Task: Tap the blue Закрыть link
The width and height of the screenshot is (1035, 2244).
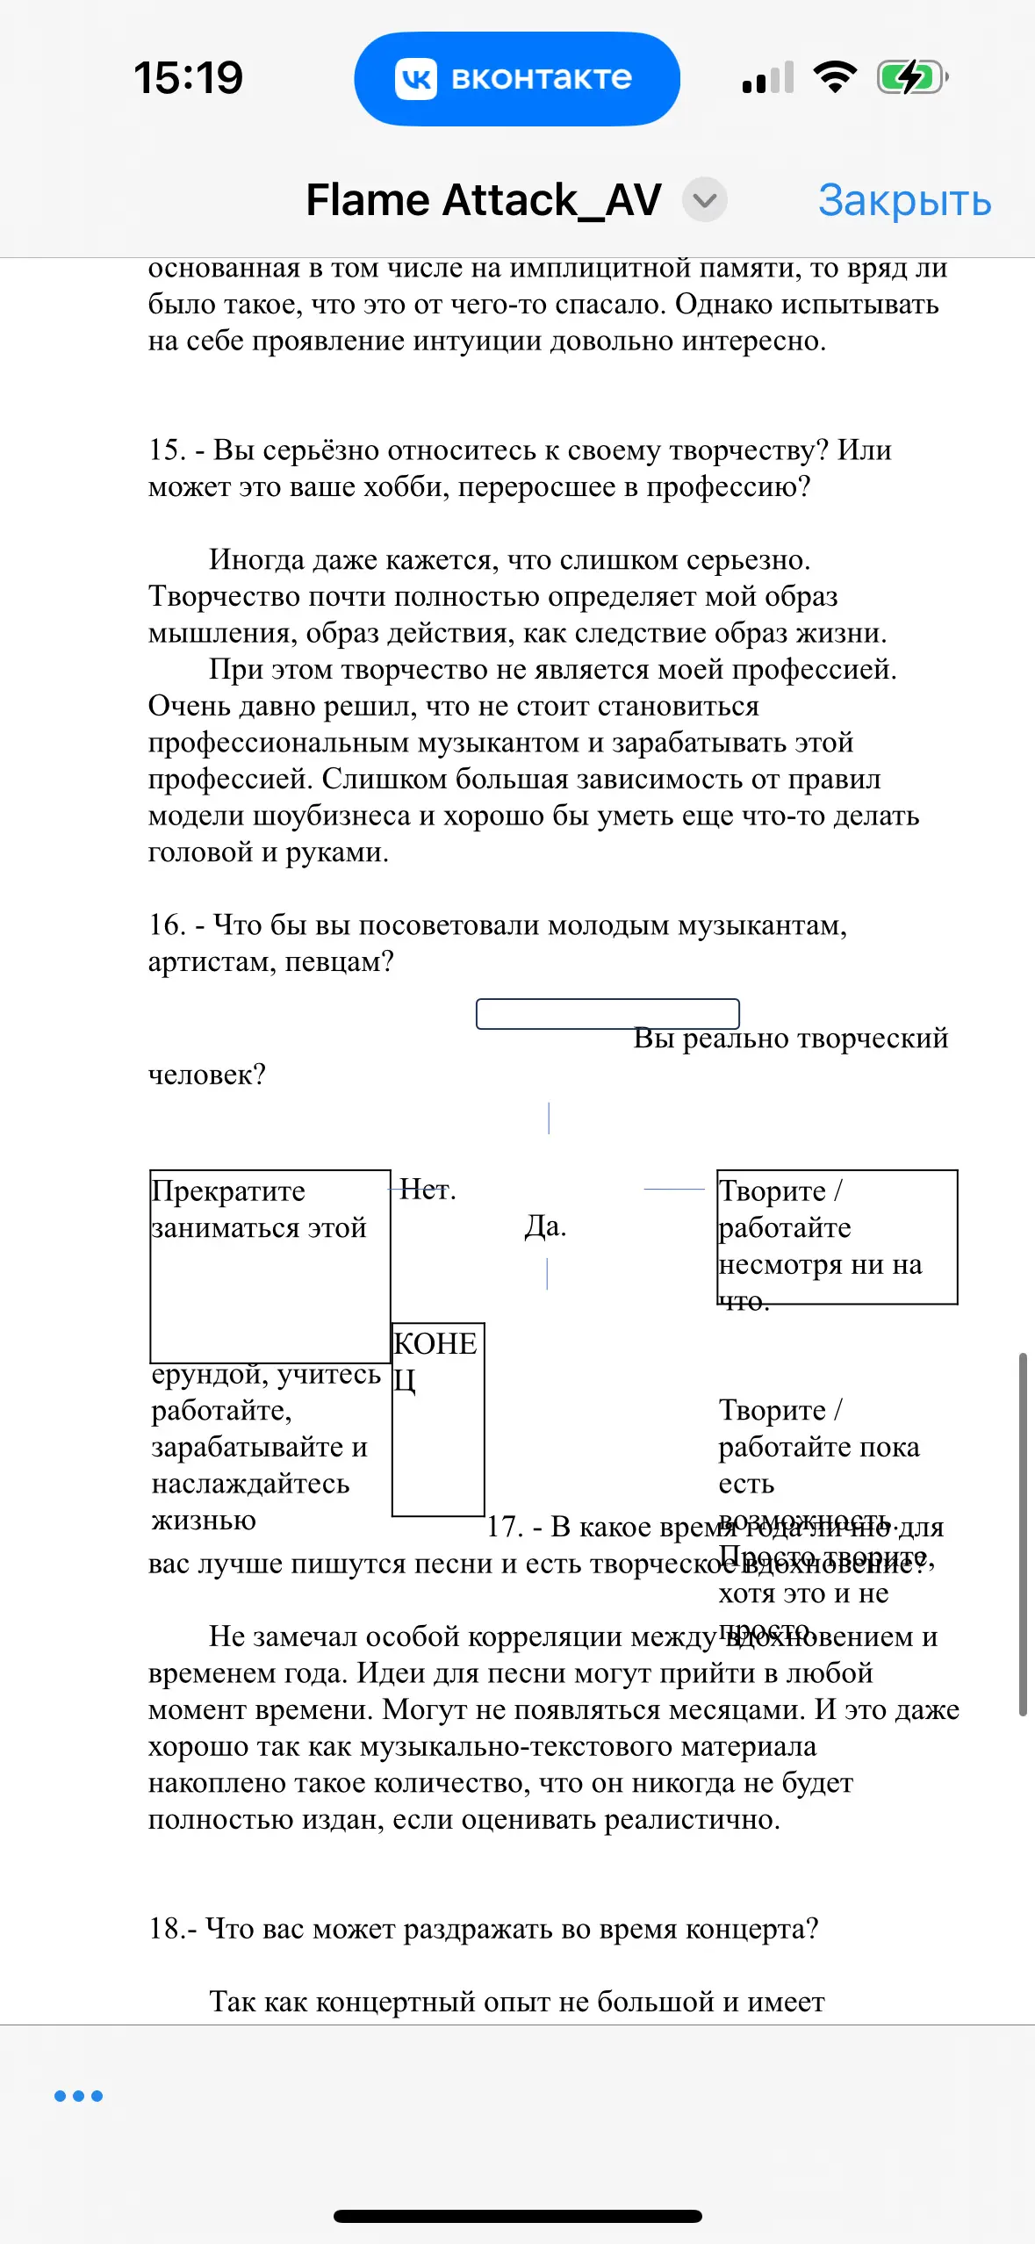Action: coord(904,201)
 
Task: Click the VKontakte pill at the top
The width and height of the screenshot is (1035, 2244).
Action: coord(516,78)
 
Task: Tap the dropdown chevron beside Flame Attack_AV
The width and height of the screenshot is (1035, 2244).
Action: coord(704,200)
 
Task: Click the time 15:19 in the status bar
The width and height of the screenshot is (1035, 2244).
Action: coord(188,77)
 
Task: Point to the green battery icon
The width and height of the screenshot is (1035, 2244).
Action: coord(911,77)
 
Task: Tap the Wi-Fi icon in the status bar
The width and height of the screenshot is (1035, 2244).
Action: coord(835,77)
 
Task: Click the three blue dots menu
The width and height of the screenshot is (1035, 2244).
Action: coord(78,2096)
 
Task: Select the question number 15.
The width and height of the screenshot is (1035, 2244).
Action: coord(166,450)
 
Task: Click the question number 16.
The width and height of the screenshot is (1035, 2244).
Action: coord(166,925)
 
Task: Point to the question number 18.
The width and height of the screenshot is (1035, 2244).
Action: coord(166,1929)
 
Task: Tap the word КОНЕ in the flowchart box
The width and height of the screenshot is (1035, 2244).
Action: coord(435,1344)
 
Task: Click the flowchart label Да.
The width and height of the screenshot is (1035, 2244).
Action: coord(545,1226)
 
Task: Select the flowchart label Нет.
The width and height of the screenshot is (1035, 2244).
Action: coord(428,1190)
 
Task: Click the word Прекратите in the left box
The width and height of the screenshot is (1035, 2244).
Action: coord(228,1191)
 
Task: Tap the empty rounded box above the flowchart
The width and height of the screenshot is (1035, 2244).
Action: coord(607,1013)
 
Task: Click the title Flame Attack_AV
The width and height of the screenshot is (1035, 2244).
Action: coord(483,200)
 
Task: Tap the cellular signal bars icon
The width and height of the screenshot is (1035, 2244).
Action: coord(768,77)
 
